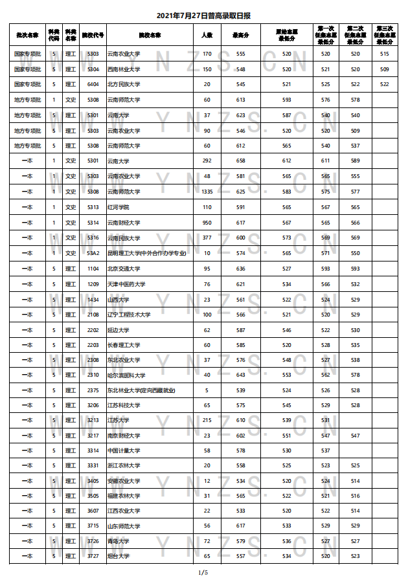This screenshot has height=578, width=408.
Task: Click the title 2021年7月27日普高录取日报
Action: click(x=204, y=15)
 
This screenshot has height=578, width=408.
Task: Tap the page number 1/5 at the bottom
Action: click(x=203, y=572)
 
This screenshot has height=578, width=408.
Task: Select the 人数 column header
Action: click(x=207, y=35)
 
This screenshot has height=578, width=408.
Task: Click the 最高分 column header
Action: click(x=241, y=35)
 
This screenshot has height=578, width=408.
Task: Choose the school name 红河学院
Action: click(x=119, y=207)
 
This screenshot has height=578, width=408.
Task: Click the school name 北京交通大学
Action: click(x=122, y=269)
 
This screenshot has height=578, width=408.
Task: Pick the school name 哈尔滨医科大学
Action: click(x=126, y=375)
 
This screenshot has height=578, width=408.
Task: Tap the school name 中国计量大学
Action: click(x=122, y=450)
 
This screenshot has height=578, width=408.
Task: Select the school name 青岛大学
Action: click(x=119, y=541)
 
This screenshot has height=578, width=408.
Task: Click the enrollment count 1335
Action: click(x=207, y=192)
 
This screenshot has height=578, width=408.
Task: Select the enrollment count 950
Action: click(x=207, y=223)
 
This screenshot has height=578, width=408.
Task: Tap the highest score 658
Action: click(x=241, y=161)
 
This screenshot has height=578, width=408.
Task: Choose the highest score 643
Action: click(x=241, y=375)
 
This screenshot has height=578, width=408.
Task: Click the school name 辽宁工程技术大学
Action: click(x=129, y=315)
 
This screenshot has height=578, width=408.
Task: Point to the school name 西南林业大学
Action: click(x=124, y=69)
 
